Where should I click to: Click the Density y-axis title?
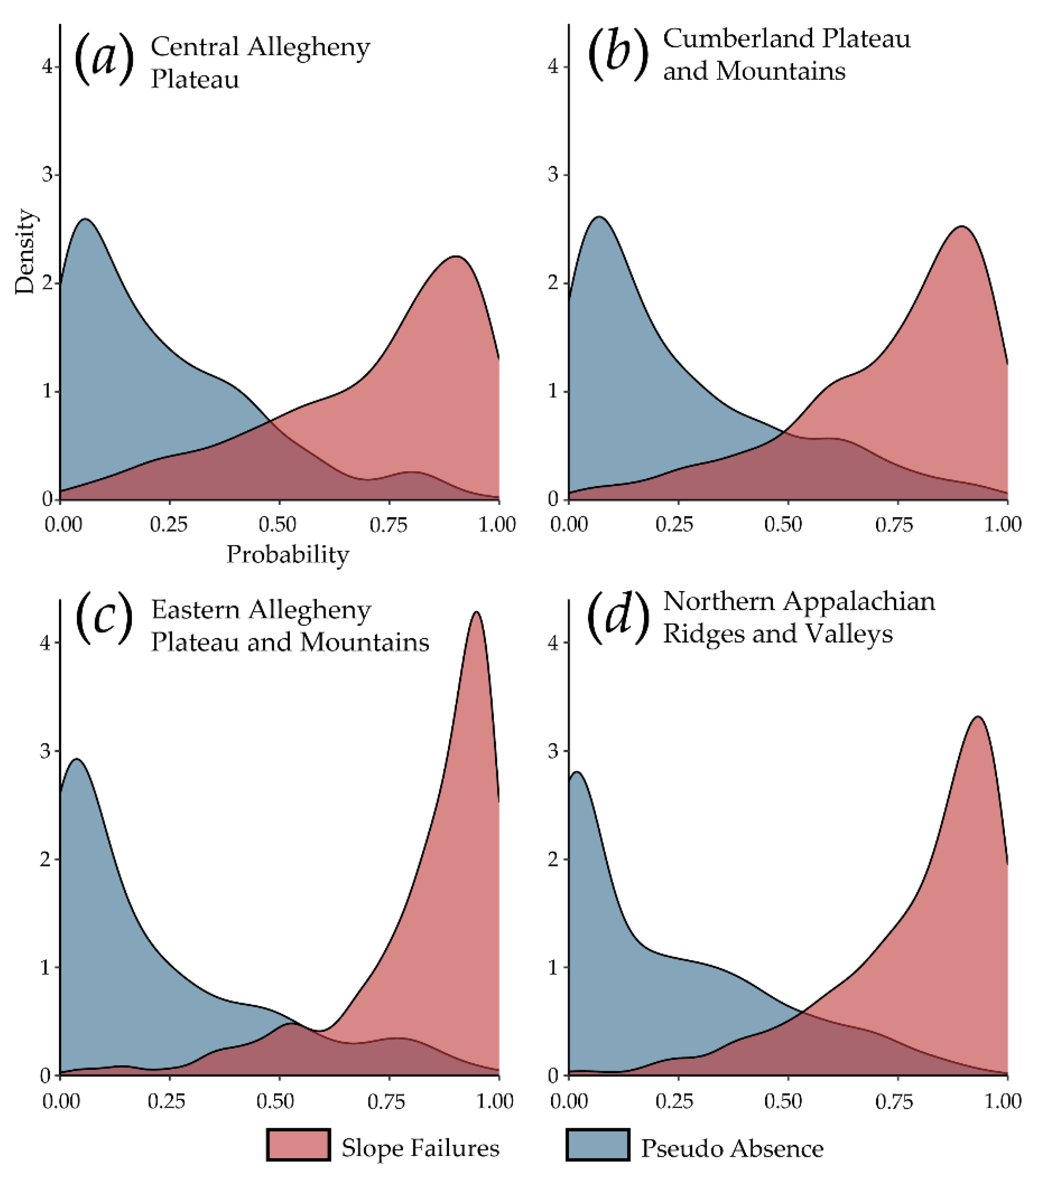(x=25, y=252)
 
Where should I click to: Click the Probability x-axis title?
(x=288, y=555)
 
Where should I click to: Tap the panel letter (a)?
(x=104, y=58)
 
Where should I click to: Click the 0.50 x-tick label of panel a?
(x=277, y=524)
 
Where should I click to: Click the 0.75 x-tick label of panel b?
(x=894, y=524)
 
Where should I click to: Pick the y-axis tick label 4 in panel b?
(x=553, y=67)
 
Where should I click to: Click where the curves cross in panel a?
(x=270, y=422)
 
